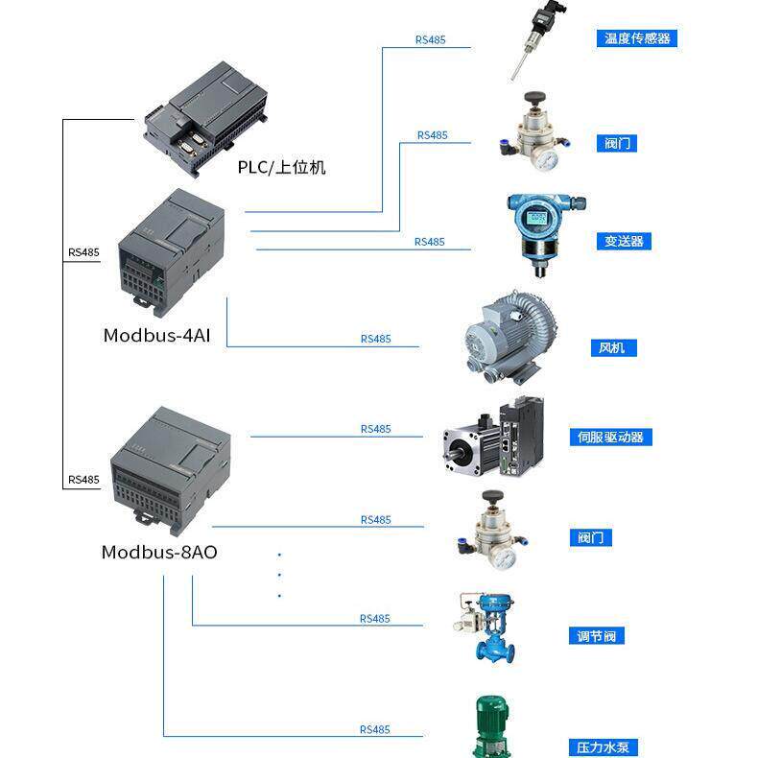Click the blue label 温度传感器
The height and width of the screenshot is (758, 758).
(637, 38)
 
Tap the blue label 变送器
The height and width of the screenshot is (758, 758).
(624, 241)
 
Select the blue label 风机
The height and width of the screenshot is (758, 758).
(613, 347)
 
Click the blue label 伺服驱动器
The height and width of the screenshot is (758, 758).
(610, 437)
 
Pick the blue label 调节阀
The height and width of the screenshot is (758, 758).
(597, 636)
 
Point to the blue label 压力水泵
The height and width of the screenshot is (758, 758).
(603, 747)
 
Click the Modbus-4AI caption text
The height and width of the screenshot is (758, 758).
(156, 335)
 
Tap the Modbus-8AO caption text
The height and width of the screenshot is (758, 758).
(159, 552)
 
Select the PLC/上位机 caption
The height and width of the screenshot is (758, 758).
(281, 167)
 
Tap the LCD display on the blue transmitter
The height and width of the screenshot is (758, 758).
(536, 217)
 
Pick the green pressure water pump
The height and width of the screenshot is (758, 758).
(492, 726)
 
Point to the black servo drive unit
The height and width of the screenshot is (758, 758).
(521, 435)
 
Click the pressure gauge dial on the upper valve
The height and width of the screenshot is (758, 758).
(546, 160)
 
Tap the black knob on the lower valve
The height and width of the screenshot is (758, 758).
(492, 496)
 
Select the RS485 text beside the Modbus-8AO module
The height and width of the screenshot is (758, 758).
(83, 480)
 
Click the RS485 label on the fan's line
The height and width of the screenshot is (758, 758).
(375, 339)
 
